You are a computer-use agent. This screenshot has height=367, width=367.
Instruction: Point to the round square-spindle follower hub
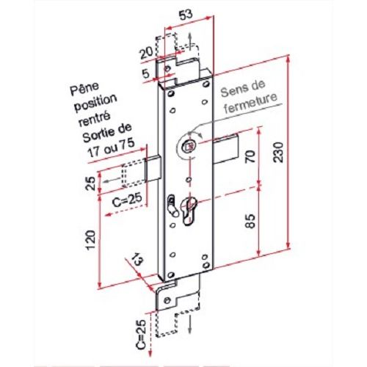(x=189, y=145)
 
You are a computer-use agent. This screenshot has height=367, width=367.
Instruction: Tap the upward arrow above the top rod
(x=189, y=38)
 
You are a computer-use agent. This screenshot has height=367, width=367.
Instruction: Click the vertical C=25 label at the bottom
(x=142, y=333)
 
